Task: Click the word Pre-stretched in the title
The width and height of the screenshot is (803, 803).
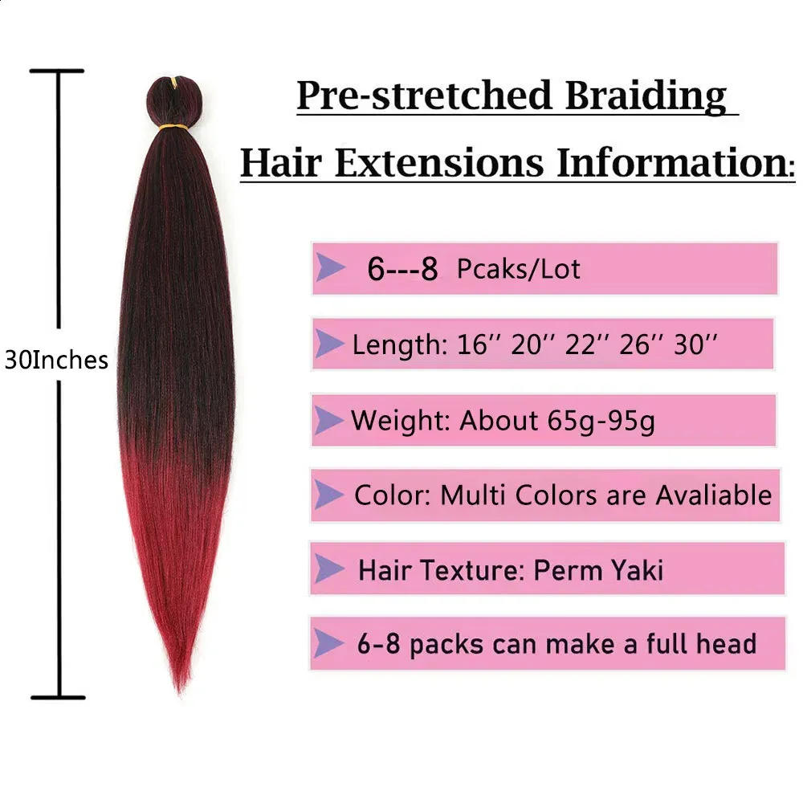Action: pos(425,96)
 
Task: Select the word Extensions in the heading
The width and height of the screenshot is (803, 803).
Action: pos(439,163)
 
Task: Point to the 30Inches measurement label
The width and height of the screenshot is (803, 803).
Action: pos(56,360)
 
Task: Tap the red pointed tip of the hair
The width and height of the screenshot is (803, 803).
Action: pos(180,689)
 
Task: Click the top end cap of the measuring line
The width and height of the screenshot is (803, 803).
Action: pos(56,71)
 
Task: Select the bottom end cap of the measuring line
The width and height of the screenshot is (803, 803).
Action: pos(58,698)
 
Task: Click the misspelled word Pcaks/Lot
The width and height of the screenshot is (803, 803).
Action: pos(518,269)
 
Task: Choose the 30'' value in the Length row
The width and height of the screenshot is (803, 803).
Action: pos(695,344)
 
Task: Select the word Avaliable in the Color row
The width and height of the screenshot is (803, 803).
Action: pos(714,495)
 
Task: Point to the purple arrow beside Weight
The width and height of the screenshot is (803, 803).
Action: pos(328,421)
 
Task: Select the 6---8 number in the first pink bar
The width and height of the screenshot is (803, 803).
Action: pos(402,268)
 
